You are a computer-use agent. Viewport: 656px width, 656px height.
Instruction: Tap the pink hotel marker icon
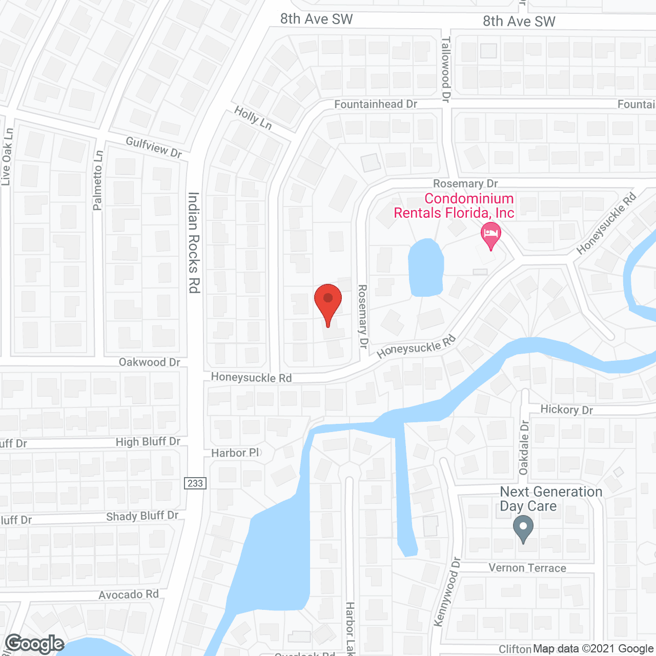point(490,235)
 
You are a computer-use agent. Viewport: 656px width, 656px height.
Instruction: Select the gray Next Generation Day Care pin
point(523,528)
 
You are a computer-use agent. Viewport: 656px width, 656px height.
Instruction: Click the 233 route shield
point(195,483)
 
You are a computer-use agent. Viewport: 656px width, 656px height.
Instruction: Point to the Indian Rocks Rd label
point(194,242)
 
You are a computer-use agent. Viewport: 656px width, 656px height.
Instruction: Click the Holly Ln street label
point(253,117)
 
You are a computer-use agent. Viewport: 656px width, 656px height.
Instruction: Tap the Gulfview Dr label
point(154,147)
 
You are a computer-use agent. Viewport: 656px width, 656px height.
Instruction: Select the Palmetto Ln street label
point(98,180)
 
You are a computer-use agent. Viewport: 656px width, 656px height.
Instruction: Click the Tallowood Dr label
point(446,69)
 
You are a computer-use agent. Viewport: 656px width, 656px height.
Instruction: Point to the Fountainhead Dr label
point(376,104)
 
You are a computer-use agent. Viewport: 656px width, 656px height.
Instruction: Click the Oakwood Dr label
point(149,362)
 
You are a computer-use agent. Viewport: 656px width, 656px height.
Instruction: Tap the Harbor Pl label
point(235,453)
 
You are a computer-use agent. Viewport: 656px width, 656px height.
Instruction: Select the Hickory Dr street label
point(566,409)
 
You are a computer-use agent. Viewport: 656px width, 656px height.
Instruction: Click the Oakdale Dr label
point(524,447)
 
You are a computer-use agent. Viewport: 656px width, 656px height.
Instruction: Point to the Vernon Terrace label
point(527,568)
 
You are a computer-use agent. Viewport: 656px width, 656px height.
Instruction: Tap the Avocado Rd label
point(129,594)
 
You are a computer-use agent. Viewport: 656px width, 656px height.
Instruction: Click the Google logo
point(35,644)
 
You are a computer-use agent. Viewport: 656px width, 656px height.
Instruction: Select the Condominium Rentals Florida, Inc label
point(454,206)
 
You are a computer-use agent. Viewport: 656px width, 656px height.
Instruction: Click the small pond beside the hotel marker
point(425,268)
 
